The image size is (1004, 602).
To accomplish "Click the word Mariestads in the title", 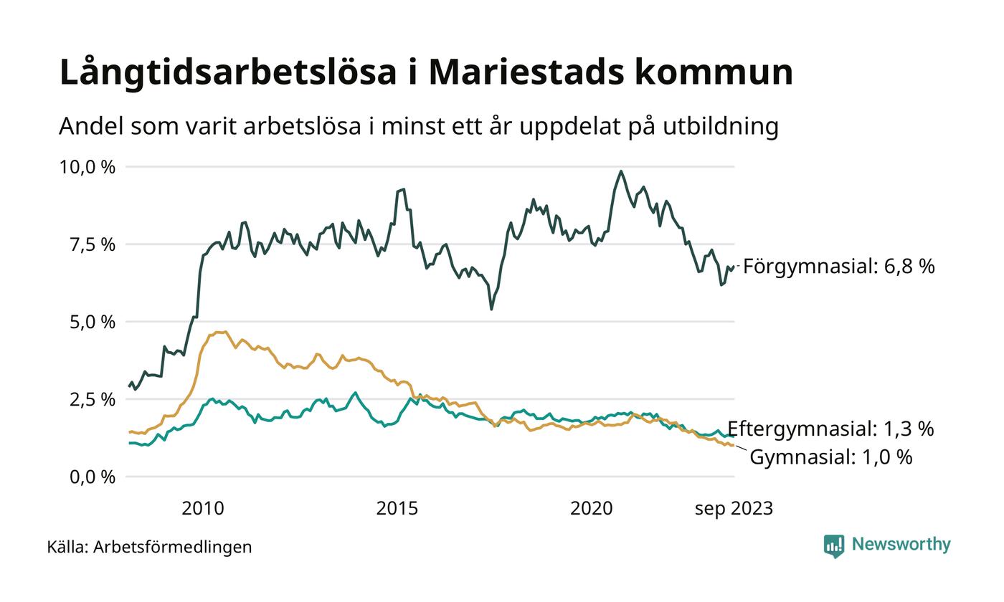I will click(518, 72).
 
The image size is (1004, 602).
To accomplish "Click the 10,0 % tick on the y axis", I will click(87, 167).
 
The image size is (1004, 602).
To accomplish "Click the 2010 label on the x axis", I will click(203, 509).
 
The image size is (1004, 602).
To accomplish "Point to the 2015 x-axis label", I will click(397, 509).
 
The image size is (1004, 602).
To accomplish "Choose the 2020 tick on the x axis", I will click(592, 509).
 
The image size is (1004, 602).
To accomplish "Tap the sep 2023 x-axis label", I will click(734, 509).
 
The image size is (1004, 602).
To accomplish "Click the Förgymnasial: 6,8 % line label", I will click(838, 267).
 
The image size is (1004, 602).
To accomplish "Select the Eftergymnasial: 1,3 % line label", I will click(830, 429).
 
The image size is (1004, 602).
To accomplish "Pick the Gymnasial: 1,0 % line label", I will click(830, 457).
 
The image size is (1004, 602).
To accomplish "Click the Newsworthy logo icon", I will click(834, 546).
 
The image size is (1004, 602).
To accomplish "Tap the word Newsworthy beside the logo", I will click(901, 545).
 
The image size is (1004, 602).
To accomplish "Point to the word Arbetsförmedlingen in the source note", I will click(173, 548).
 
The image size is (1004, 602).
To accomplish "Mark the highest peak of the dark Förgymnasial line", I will click(621, 171).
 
